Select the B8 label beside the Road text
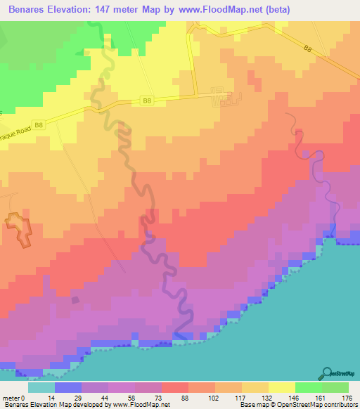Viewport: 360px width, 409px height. (39, 125)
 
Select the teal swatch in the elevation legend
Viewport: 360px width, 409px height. (41, 387)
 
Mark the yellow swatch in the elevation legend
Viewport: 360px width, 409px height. (282, 387)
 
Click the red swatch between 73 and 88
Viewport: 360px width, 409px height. (175, 387)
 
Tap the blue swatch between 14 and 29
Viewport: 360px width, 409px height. (68, 387)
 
